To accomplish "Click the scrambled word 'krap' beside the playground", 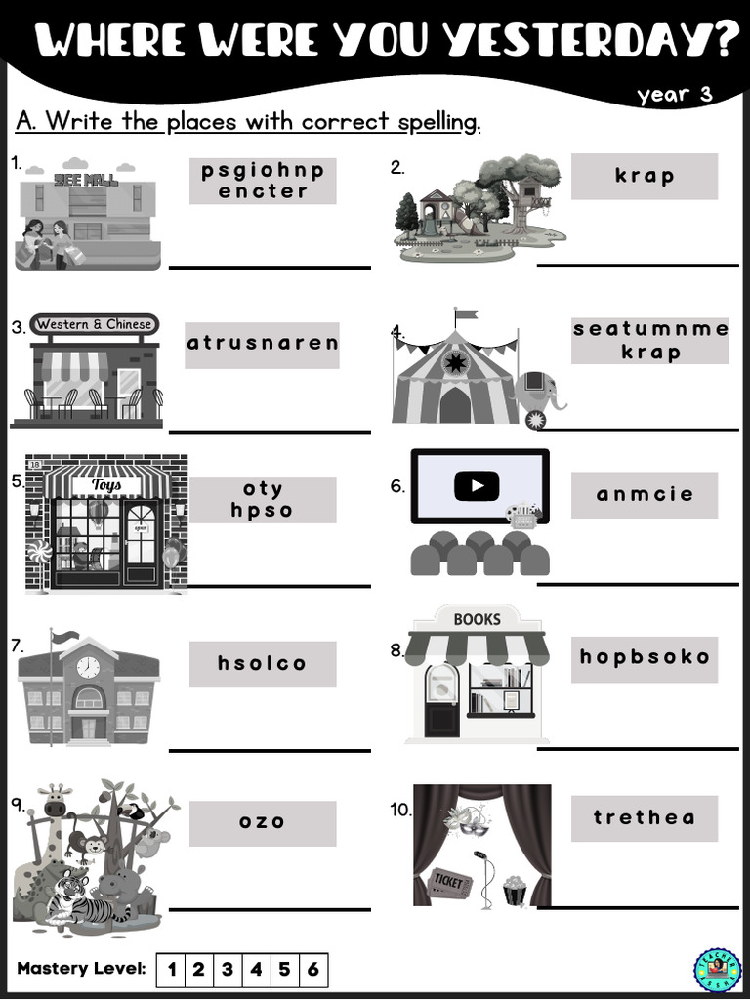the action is coord(645,176).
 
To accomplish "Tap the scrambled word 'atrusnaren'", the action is coord(262,343).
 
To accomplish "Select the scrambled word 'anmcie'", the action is coord(645,494).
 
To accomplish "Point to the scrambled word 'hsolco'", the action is coord(262,663).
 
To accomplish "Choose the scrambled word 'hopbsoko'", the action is coord(645,657).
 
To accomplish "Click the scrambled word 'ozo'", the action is coord(262,822).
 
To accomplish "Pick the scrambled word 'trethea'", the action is coord(645,817).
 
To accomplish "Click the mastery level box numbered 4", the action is coord(256,970).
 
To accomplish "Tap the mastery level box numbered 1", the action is coord(172,970).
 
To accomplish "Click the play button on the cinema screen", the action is coord(477,486).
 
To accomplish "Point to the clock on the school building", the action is coord(88,667).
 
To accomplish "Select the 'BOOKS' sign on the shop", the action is coord(477,619).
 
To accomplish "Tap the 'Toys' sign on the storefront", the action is coord(106,485).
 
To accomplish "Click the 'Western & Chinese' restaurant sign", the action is coord(94,324).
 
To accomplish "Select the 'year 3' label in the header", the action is coord(675,95).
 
